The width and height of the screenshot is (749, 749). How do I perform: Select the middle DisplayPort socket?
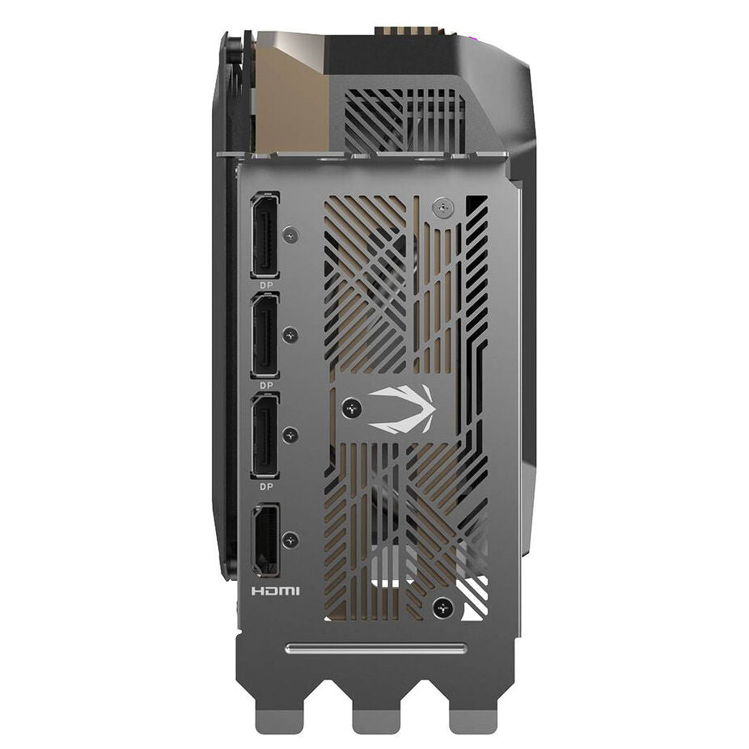click(265, 336)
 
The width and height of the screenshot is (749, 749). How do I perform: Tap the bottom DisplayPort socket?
click(265, 436)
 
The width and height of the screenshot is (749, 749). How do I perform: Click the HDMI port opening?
click(265, 540)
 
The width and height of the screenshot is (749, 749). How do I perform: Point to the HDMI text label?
click(276, 591)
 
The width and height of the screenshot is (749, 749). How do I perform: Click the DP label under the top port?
click(267, 285)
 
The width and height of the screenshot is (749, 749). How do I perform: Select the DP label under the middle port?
click(267, 385)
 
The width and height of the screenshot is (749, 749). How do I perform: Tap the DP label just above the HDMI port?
click(267, 486)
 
